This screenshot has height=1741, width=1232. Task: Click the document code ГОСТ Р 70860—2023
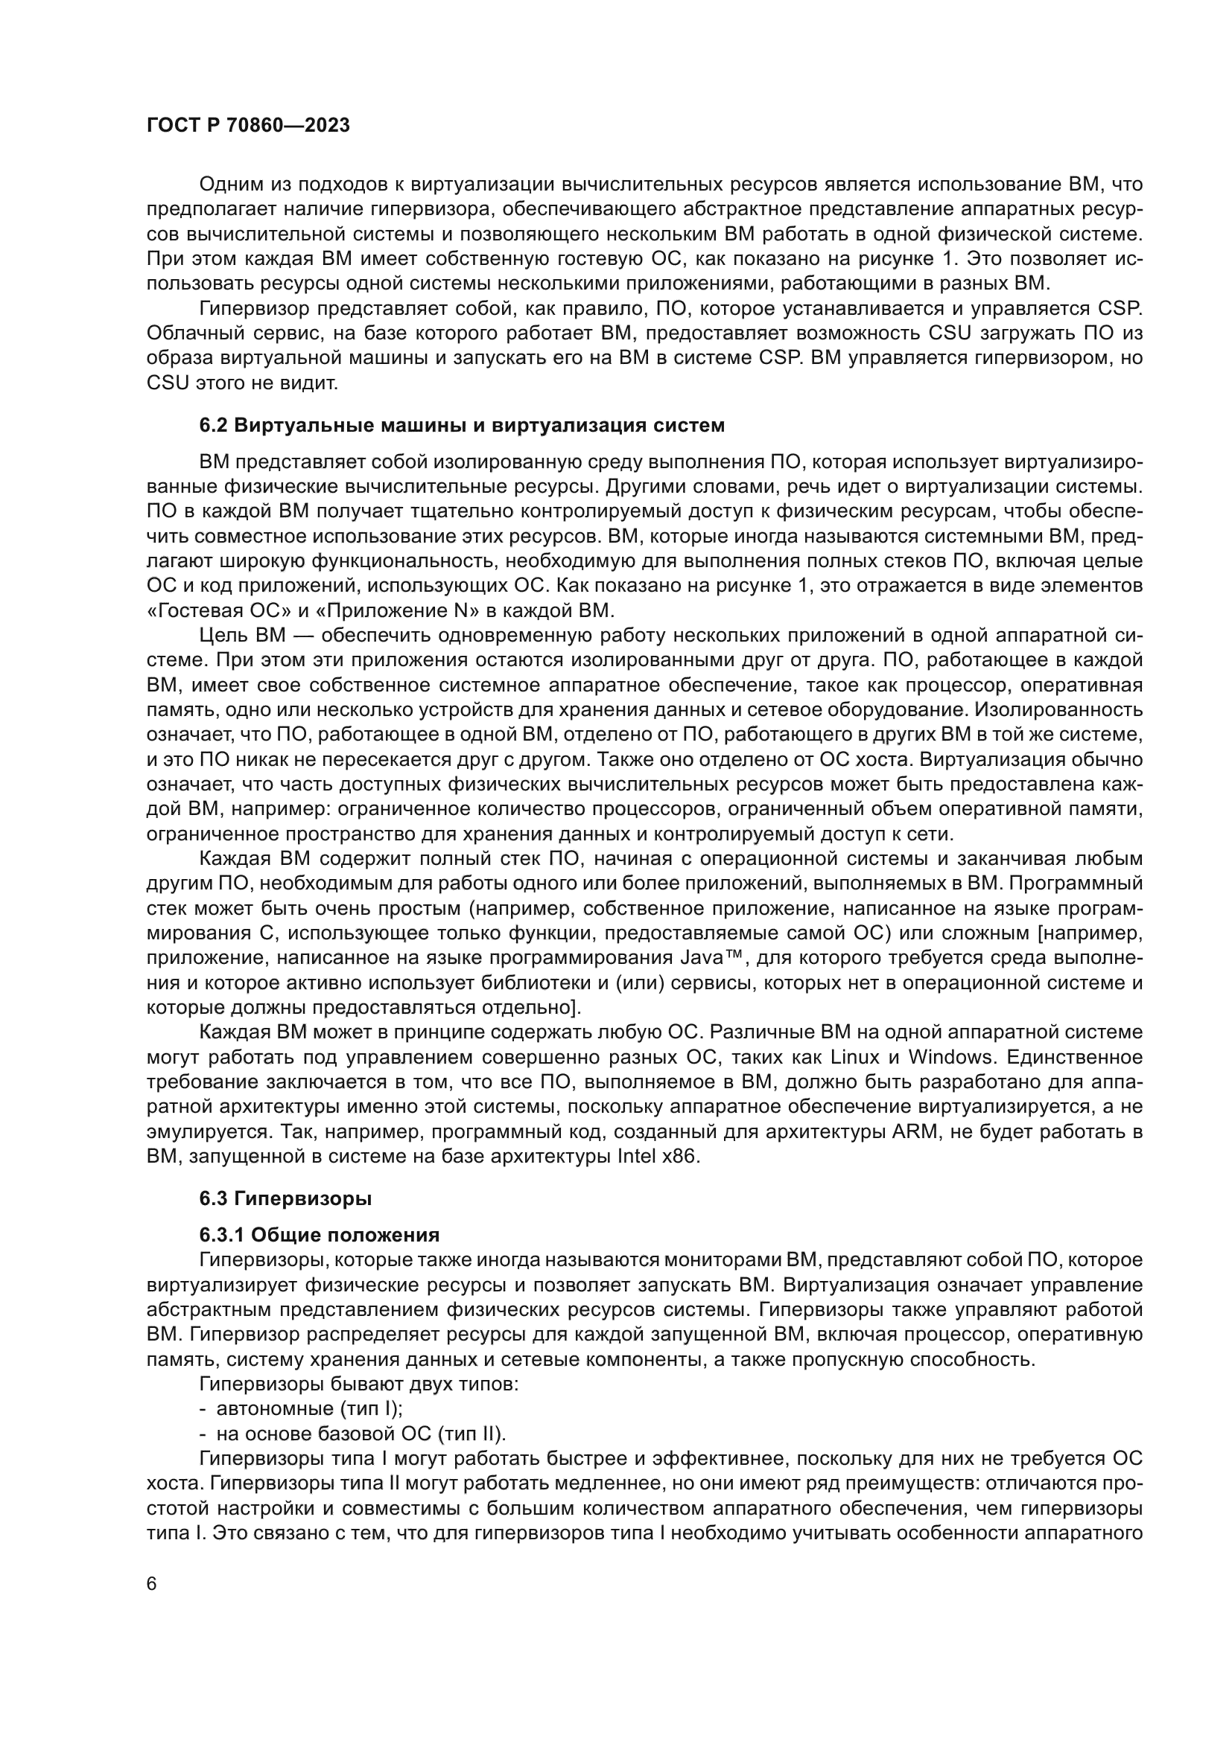(x=248, y=126)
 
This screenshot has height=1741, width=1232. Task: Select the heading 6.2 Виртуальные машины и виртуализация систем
(x=462, y=426)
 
